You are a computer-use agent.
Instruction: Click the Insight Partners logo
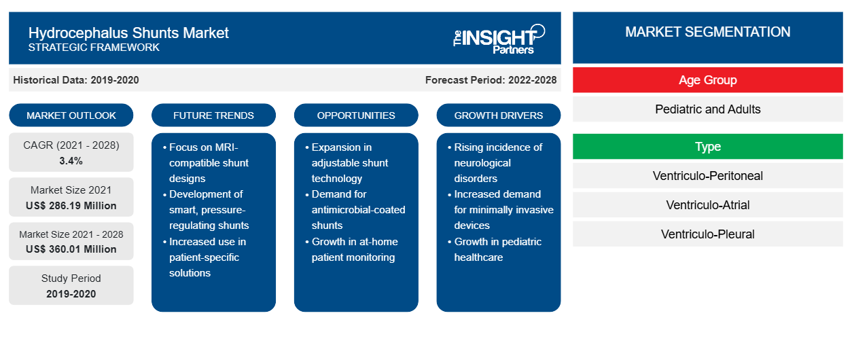(499, 39)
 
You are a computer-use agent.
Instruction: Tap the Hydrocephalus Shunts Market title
(128, 33)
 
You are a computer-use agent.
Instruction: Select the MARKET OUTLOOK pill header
(71, 115)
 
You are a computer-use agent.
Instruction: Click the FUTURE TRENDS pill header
(213, 115)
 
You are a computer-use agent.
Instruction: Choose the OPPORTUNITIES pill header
(356, 115)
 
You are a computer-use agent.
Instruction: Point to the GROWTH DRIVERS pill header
(498, 115)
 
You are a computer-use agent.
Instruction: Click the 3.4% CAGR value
(71, 161)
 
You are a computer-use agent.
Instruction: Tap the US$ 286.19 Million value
(71, 206)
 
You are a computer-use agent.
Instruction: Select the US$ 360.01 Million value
(71, 249)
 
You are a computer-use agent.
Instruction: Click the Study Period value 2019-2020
(71, 294)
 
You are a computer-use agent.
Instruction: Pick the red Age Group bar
(708, 80)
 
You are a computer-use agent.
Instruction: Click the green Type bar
(708, 146)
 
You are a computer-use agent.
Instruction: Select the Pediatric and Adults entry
(708, 109)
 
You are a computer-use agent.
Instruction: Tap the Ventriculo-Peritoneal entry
(708, 176)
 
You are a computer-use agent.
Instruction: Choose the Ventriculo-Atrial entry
(708, 205)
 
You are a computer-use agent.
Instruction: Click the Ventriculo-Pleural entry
(708, 234)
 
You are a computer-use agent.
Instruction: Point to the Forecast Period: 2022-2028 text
(491, 80)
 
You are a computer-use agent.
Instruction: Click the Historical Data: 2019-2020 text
(76, 80)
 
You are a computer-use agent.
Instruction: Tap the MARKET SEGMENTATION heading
(708, 32)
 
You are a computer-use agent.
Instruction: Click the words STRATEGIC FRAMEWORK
(94, 48)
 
